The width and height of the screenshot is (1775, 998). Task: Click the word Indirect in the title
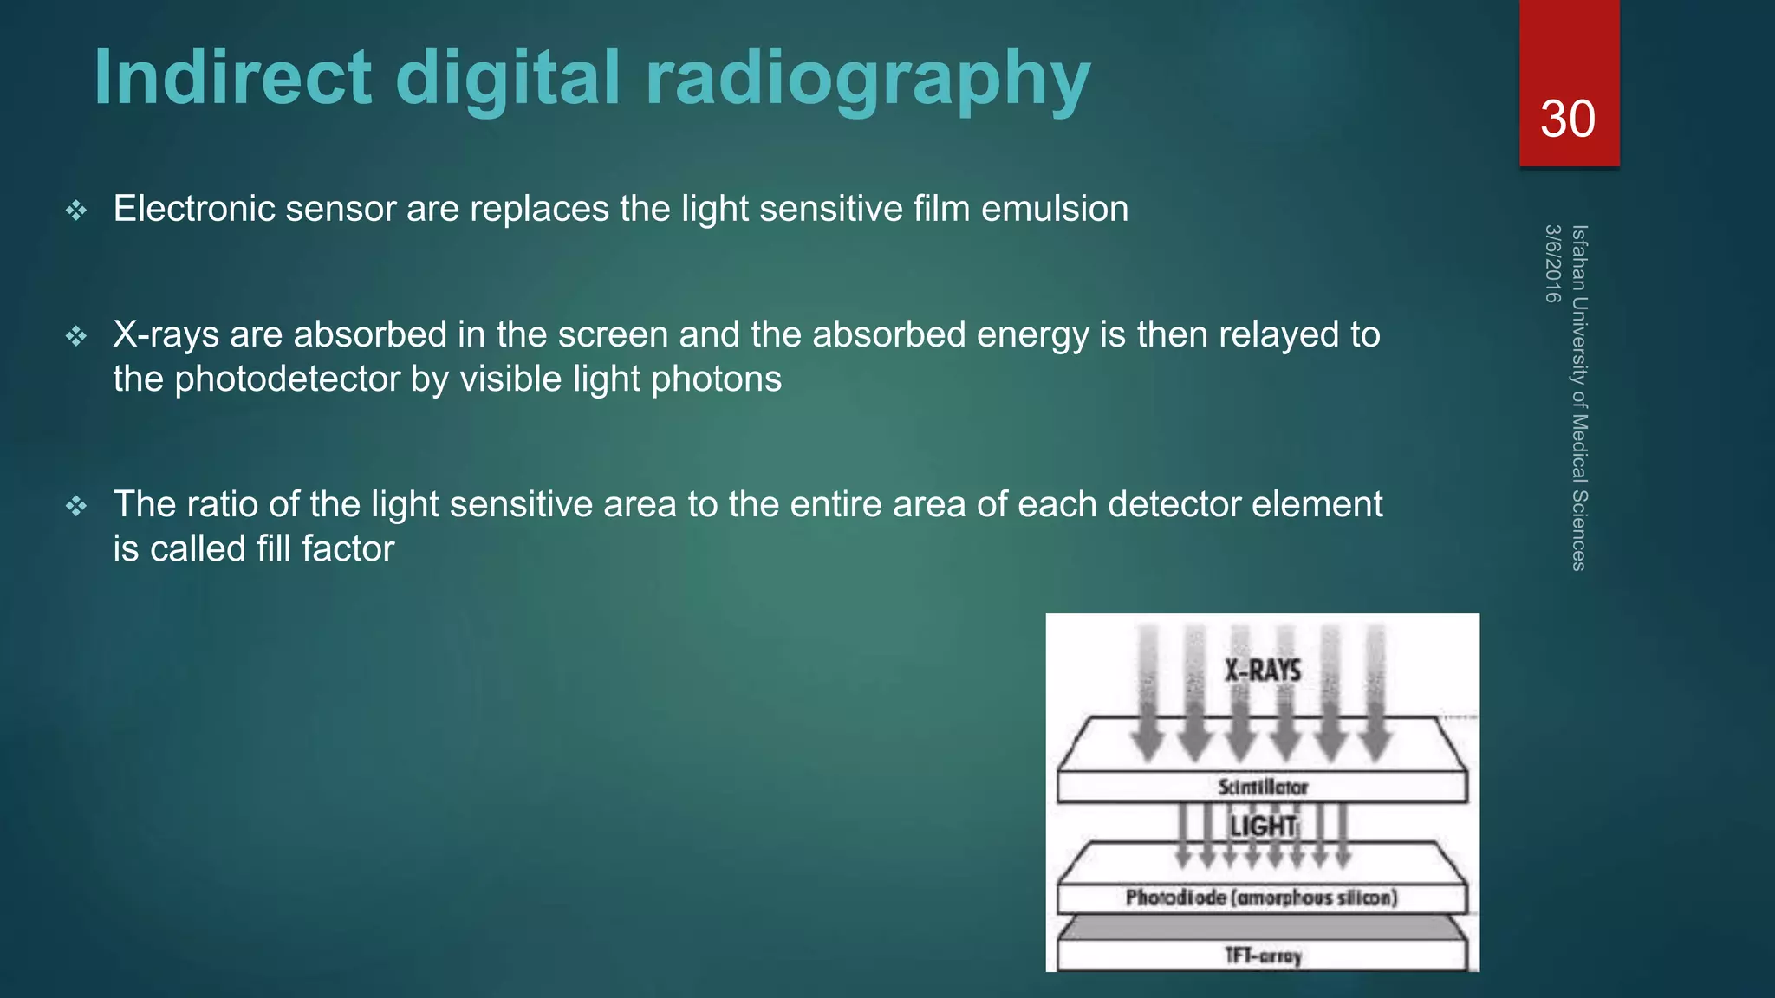click(x=232, y=78)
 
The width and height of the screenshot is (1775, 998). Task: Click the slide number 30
click(x=1567, y=119)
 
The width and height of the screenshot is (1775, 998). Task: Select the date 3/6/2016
click(x=1552, y=263)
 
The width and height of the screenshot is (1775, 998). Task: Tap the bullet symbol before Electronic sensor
click(x=76, y=211)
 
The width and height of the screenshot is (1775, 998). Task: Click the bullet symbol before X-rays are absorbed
click(x=76, y=336)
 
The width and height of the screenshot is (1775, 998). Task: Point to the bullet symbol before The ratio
click(x=76, y=506)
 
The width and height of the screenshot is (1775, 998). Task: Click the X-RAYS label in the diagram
click(x=1262, y=671)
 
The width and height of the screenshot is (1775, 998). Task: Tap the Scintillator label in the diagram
click(x=1262, y=787)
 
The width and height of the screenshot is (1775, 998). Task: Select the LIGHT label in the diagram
click(x=1263, y=826)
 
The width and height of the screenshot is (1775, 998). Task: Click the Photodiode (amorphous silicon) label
click(x=1261, y=898)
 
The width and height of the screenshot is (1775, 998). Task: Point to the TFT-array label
click(x=1262, y=956)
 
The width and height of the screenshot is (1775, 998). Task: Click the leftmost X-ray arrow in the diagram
click(x=1148, y=693)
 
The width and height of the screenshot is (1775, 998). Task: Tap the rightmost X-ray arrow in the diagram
click(x=1375, y=693)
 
